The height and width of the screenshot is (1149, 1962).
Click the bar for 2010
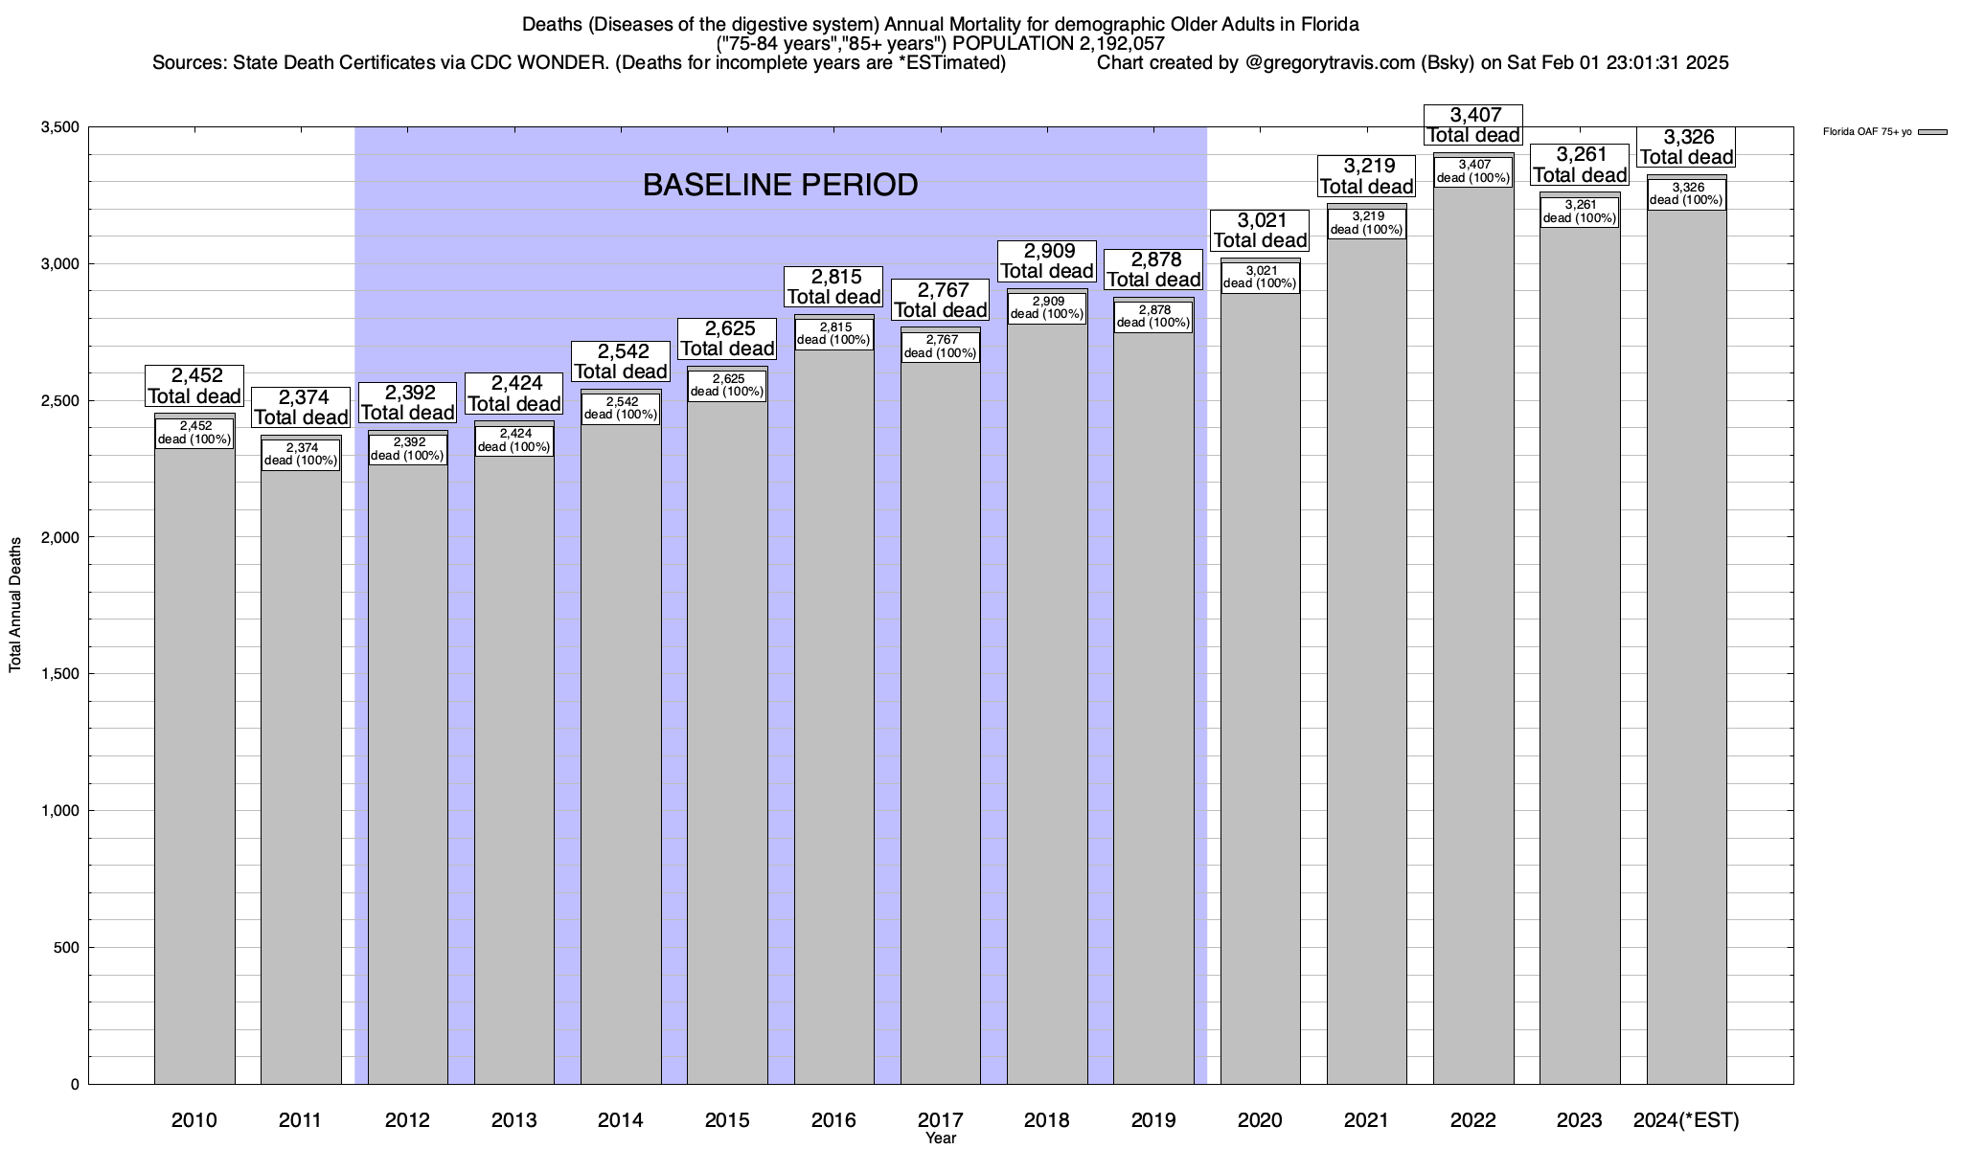pyautogui.click(x=194, y=766)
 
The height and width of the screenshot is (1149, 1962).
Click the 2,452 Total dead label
pyautogui.click(x=194, y=386)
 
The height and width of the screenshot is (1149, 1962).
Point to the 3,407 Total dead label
pyautogui.click(x=1473, y=125)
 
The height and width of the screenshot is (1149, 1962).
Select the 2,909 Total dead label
pyautogui.click(x=1047, y=260)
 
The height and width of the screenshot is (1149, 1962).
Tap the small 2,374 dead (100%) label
pyautogui.click(x=301, y=454)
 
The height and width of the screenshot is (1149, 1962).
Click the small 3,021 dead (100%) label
pyautogui.click(x=1260, y=277)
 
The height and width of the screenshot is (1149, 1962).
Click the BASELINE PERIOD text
pyautogui.click(x=780, y=185)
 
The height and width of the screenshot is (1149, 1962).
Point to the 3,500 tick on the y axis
pyautogui.click(x=59, y=127)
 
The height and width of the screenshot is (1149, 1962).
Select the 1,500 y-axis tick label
pyautogui.click(x=59, y=674)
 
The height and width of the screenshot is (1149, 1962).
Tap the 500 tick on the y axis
pyautogui.click(x=65, y=948)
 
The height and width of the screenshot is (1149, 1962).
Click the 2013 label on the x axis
pyautogui.click(x=514, y=1119)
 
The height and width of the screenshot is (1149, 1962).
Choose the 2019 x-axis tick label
pyautogui.click(x=1153, y=1119)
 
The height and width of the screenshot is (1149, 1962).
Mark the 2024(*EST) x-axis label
pyautogui.click(x=1686, y=1119)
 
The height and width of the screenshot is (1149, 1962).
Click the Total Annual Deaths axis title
pyautogui.click(x=15, y=604)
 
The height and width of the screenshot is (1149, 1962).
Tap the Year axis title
pyautogui.click(x=941, y=1138)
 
